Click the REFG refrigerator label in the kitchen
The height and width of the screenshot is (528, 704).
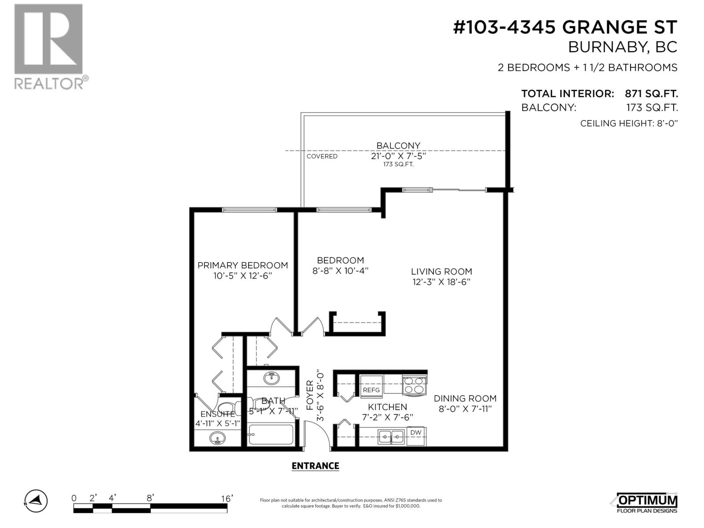tap(371, 390)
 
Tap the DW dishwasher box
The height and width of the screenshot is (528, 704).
tap(416, 433)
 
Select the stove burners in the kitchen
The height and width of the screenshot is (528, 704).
tap(414, 385)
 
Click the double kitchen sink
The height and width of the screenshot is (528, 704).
tap(391, 437)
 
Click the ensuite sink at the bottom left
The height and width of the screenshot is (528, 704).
tap(217, 438)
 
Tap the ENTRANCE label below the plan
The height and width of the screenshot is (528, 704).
tap(315, 466)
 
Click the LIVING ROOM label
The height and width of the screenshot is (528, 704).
tap(441, 272)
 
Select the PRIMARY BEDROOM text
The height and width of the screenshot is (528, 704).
tap(242, 265)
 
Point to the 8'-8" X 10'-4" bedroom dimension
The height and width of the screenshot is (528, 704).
tap(340, 271)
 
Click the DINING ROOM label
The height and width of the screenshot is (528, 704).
tap(465, 398)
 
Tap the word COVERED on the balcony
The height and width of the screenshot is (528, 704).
tap(322, 156)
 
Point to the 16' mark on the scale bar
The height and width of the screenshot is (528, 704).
tap(227, 499)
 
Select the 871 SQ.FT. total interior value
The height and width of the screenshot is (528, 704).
tap(651, 94)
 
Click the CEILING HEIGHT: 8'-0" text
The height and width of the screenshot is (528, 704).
tap(628, 123)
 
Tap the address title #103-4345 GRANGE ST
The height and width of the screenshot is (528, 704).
tap(565, 28)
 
